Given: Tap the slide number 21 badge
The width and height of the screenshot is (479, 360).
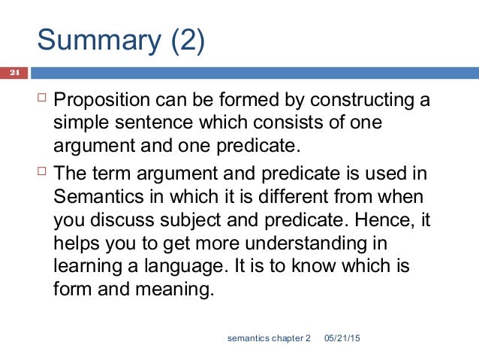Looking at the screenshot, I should pyautogui.click(x=13, y=74).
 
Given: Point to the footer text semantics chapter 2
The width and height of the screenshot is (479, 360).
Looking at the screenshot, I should pyautogui.click(x=269, y=339).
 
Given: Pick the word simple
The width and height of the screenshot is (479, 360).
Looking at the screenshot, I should pyautogui.click(x=78, y=123).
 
